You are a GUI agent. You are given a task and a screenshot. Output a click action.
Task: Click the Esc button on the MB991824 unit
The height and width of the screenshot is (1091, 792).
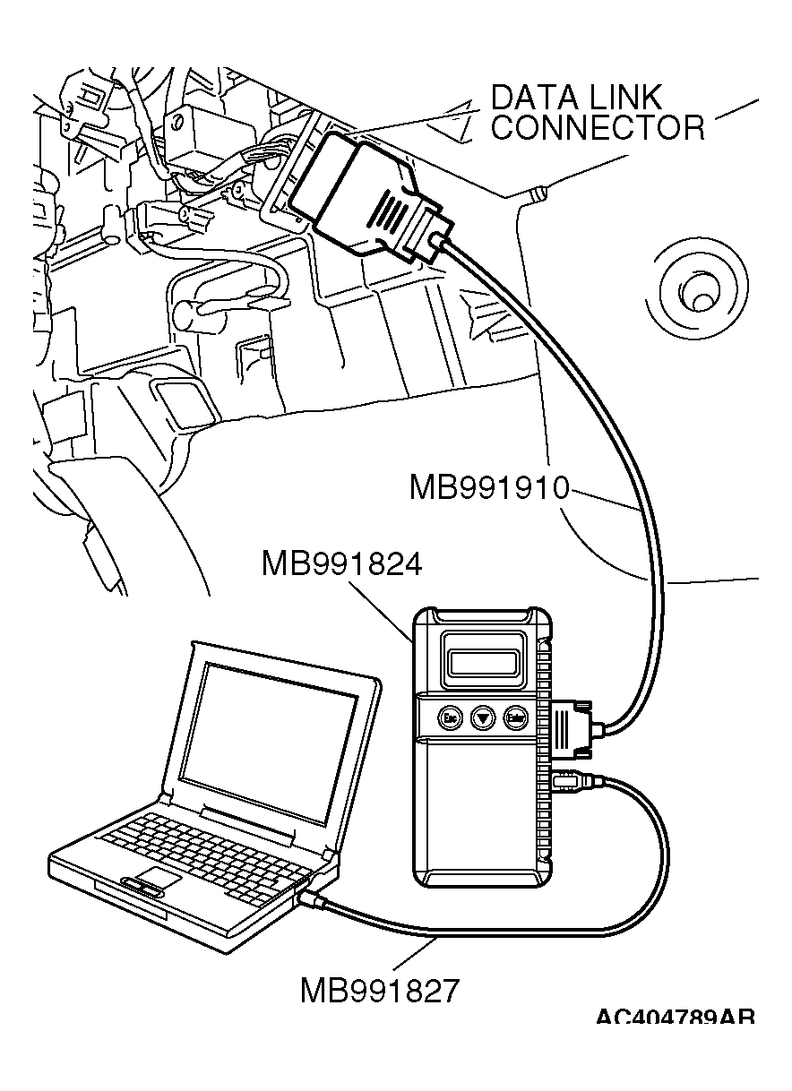[450, 717]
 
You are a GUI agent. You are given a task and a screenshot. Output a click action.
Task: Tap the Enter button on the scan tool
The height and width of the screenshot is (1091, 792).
[514, 717]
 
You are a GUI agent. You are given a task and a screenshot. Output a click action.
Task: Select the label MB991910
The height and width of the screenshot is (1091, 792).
[489, 487]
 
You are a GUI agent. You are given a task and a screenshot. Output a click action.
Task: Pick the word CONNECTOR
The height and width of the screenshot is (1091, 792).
[598, 128]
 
